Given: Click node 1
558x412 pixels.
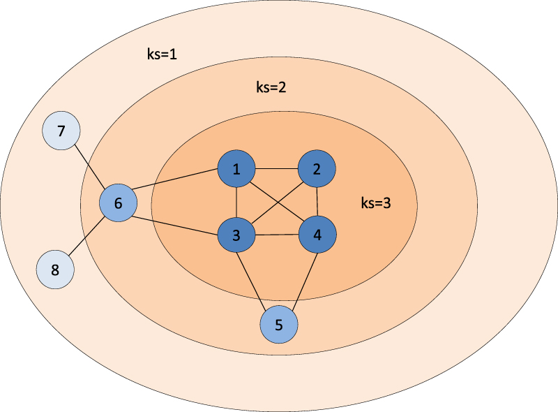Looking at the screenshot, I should click(237, 170).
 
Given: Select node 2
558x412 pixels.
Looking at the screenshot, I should click(317, 169).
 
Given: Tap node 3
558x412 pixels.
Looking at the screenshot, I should click(236, 235).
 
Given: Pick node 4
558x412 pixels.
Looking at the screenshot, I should click(318, 235).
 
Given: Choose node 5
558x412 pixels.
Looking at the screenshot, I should click(279, 325).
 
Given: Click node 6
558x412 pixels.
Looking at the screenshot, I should click(118, 204).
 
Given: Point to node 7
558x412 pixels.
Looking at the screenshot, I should click(61, 131).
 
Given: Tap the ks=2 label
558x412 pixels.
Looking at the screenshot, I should click(271, 89).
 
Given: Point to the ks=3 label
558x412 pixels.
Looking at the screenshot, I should click(377, 203).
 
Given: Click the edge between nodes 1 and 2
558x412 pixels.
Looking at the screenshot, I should click(277, 169).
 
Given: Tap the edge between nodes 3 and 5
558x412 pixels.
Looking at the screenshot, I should click(257, 279).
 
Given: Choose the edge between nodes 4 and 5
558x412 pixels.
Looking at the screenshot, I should click(299, 279).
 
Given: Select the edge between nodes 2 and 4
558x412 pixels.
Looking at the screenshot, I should click(317, 202).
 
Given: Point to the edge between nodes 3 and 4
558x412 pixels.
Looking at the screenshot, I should click(277, 235).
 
